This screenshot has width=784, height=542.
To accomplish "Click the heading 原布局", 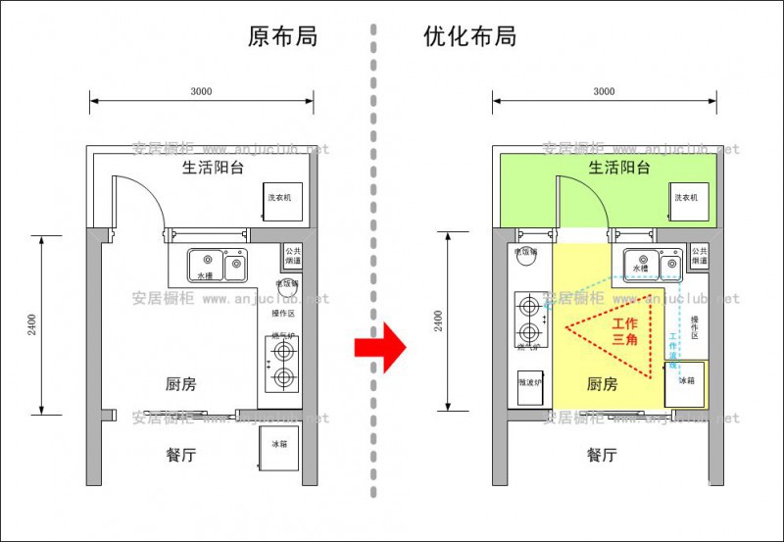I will (x=283, y=37).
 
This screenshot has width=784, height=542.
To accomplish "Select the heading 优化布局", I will (x=470, y=37).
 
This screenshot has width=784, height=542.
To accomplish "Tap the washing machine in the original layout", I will (x=281, y=199).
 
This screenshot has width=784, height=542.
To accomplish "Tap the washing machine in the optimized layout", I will (x=686, y=199).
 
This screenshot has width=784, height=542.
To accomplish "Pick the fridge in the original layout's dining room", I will (x=280, y=446).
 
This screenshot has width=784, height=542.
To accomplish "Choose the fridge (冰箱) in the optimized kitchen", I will (x=684, y=381).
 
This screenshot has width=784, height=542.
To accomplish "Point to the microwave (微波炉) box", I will (x=529, y=383).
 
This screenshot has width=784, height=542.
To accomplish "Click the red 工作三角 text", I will (x=625, y=330).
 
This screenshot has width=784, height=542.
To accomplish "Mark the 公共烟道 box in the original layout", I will (x=293, y=258).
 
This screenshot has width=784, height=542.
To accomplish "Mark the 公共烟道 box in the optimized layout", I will (x=699, y=257).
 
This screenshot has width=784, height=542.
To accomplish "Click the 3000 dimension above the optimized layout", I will (x=604, y=91).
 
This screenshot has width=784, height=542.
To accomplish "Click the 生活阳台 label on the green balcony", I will (x=619, y=168).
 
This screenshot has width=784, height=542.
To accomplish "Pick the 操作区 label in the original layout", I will (x=284, y=314).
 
